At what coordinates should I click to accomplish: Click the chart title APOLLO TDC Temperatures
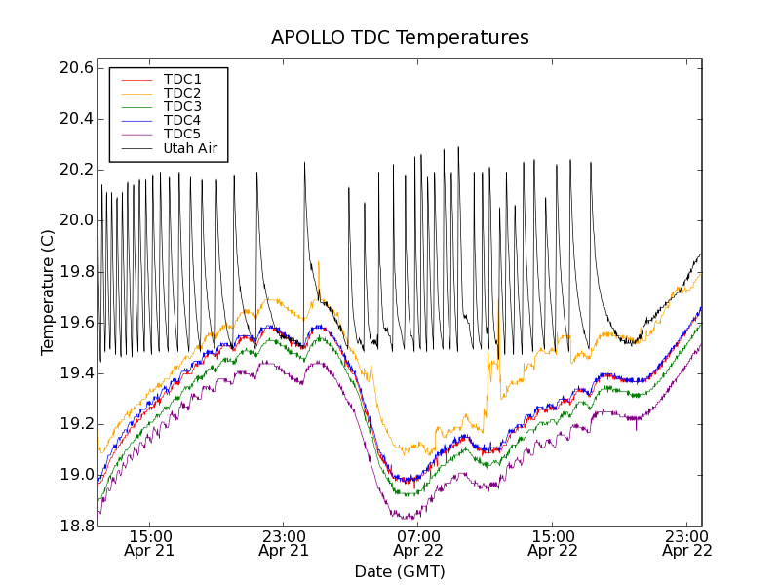point(400,38)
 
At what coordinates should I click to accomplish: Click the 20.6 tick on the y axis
point(75,68)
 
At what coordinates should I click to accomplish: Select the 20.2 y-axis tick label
point(75,170)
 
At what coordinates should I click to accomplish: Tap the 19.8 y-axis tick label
point(75,271)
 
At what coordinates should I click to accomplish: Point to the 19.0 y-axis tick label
point(75,475)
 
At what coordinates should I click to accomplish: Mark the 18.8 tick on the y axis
point(75,526)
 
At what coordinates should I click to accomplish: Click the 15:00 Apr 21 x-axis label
point(149,543)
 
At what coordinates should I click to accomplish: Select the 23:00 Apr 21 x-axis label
point(284,543)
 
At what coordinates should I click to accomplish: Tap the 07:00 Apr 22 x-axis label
point(418,543)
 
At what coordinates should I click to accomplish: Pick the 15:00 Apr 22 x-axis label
point(553,543)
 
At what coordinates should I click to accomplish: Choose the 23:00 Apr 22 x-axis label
point(687,543)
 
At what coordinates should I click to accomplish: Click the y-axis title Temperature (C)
point(48,292)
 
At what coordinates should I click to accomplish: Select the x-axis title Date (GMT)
point(400,571)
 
